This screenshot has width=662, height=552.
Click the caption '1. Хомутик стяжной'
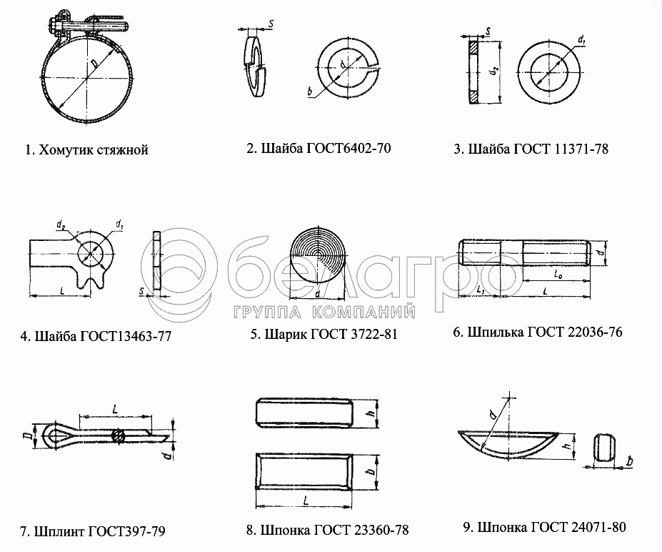[86, 150]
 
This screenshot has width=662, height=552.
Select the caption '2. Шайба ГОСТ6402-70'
[319, 148]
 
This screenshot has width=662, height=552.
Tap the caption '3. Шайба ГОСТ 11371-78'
[531, 149]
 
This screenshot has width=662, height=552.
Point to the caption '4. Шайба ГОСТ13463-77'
[96, 336]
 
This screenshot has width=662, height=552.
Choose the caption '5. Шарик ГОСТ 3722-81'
[324, 335]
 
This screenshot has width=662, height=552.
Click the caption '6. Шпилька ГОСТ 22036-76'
[538, 332]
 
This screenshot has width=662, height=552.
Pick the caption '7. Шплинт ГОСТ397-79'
[92, 531]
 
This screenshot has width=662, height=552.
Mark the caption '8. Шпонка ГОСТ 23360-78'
[328, 530]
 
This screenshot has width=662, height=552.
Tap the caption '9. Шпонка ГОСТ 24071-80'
[545, 528]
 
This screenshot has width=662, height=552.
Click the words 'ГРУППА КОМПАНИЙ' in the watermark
[324, 312]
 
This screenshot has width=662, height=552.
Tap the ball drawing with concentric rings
[317, 256]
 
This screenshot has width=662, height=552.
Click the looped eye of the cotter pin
[52, 435]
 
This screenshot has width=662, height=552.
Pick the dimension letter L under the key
[306, 501]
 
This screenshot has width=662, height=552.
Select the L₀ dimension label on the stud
[558, 275]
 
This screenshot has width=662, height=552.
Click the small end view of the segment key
[604, 448]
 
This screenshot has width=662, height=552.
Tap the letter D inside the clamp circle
[94, 64]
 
